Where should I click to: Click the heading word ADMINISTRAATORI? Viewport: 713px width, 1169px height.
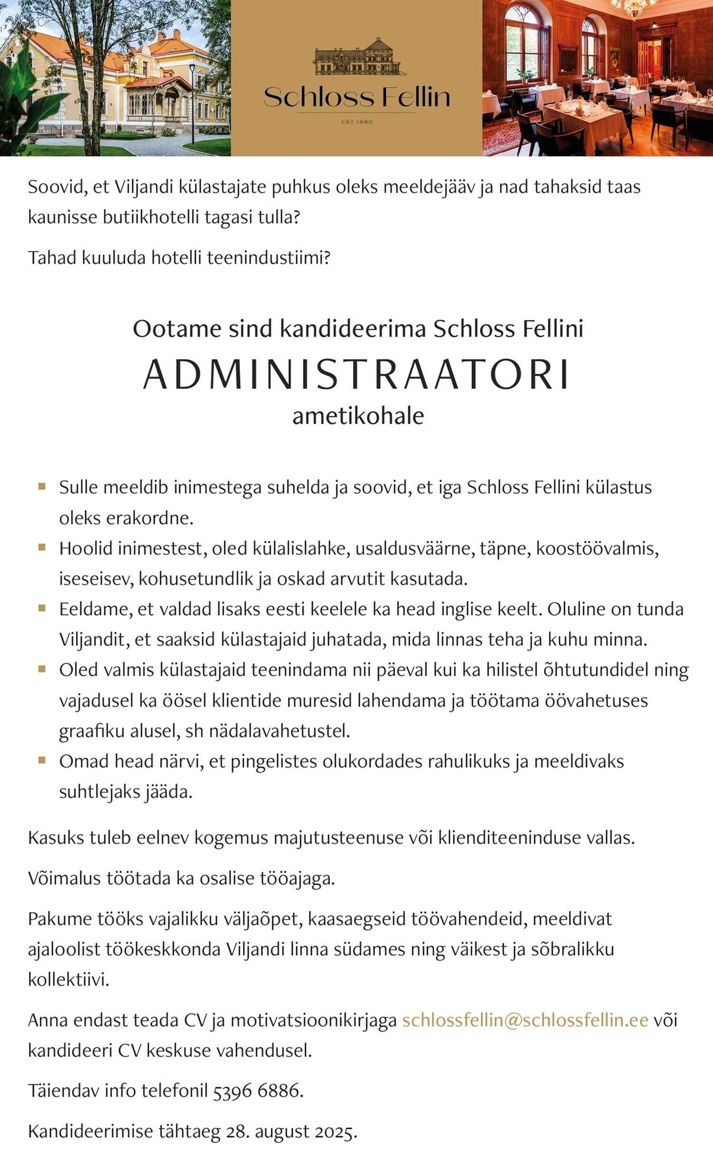click(356, 374)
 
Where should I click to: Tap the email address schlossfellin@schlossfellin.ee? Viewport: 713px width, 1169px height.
click(525, 1020)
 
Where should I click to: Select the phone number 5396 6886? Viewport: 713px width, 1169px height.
click(257, 1091)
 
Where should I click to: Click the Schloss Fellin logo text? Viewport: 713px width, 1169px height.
click(356, 97)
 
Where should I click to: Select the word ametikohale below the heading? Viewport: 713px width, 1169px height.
click(358, 416)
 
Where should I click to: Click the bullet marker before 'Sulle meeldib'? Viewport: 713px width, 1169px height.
click(42, 486)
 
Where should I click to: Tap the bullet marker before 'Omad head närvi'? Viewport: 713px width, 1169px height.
click(42, 760)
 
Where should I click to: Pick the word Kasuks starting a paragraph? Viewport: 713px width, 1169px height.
click(56, 838)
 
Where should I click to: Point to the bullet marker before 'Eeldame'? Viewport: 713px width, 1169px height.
click(42, 608)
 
